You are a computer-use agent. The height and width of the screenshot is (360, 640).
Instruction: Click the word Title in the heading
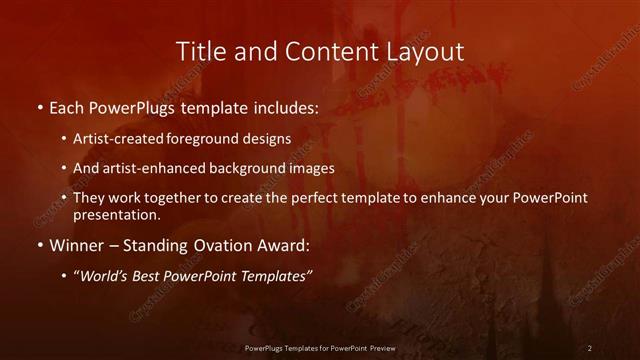(x=199, y=51)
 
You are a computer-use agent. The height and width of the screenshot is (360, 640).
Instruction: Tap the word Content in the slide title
(x=311, y=51)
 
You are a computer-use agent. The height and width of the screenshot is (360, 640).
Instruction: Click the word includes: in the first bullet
(x=287, y=107)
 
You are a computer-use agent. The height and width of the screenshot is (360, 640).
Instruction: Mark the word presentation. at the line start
(x=116, y=214)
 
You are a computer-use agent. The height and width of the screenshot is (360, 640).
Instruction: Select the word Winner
(x=77, y=244)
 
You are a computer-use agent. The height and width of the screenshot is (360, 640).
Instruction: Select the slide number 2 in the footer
(x=590, y=347)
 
